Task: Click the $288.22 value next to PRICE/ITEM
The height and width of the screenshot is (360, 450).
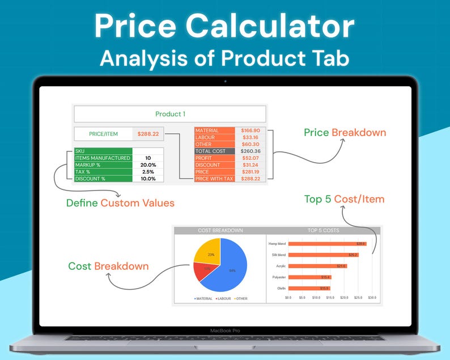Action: (x=148, y=134)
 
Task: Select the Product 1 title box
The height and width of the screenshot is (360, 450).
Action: (x=169, y=114)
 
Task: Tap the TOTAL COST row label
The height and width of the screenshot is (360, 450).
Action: (x=210, y=151)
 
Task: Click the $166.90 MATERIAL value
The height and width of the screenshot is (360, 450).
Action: (x=251, y=130)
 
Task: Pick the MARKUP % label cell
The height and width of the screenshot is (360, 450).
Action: (x=103, y=164)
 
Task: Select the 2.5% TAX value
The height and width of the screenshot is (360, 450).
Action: (x=148, y=172)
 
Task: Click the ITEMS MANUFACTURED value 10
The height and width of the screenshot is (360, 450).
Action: (x=148, y=158)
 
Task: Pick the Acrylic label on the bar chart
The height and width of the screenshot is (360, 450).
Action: (x=281, y=266)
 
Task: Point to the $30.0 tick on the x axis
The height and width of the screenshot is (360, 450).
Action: (x=372, y=297)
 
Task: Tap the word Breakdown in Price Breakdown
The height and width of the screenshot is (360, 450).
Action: (x=359, y=133)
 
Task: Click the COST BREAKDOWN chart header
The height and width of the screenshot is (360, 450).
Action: (x=220, y=231)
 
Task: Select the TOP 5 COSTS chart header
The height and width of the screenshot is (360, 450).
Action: (x=324, y=231)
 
